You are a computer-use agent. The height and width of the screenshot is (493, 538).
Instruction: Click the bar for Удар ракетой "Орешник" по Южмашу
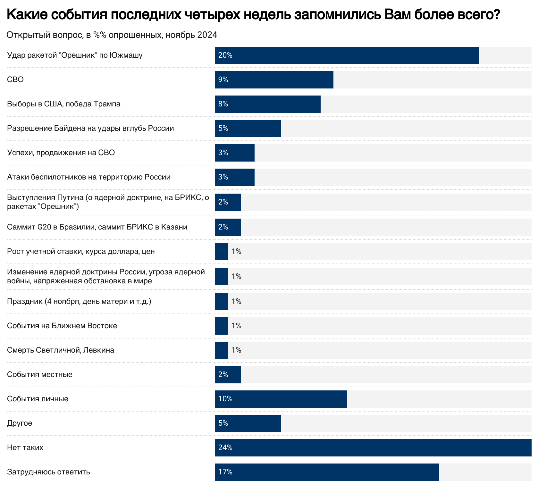tap(347, 55)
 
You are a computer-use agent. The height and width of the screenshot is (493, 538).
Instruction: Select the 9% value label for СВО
tap(223, 79)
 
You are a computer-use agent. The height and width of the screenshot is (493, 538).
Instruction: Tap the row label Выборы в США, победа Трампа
tap(64, 104)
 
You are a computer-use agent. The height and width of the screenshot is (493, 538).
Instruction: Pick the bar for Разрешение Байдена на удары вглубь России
tap(248, 129)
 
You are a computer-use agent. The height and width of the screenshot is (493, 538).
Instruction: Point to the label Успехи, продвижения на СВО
tap(61, 153)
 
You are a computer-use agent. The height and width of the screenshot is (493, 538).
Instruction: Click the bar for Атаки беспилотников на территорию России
tap(235, 177)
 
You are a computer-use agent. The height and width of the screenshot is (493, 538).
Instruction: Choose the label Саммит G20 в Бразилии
tap(97, 227)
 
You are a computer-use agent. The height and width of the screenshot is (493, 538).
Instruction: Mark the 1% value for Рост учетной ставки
tap(236, 251)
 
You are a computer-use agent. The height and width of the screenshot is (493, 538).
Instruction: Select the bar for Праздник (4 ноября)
tap(222, 301)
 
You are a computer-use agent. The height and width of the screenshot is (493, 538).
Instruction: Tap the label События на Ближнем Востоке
tap(62, 326)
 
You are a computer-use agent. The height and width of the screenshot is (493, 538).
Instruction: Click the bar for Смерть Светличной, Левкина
tap(222, 350)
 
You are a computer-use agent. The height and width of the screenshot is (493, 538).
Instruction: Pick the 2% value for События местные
tap(223, 374)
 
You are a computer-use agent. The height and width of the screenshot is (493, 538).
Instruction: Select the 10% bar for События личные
tap(281, 399)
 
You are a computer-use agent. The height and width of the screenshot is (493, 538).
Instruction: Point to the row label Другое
tap(20, 423)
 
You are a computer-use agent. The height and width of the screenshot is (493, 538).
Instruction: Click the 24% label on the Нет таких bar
tap(225, 447)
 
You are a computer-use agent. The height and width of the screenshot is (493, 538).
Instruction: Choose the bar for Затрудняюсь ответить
tap(327, 472)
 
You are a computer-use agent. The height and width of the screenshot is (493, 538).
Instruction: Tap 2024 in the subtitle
tap(207, 35)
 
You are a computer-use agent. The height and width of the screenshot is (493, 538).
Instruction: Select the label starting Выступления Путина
tap(108, 202)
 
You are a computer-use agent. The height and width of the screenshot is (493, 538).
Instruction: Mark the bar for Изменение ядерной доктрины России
tap(222, 276)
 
